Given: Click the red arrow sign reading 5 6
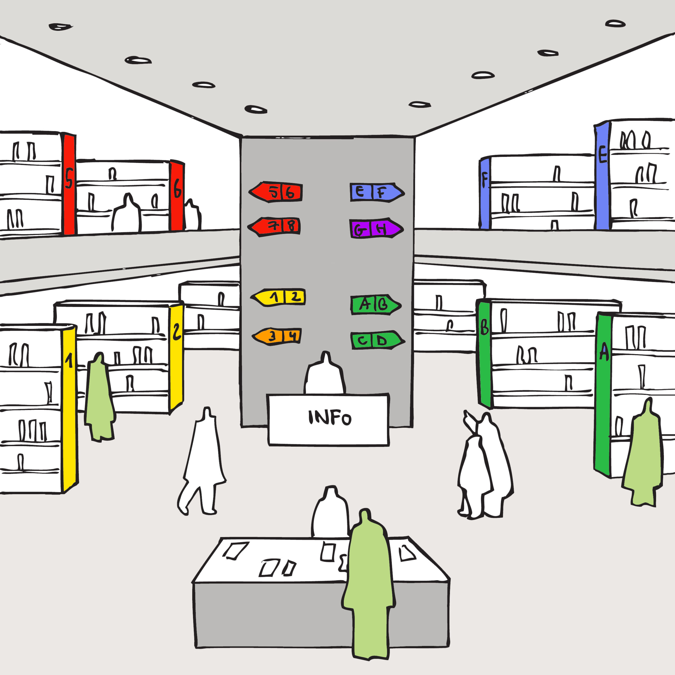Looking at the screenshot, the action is (276, 192).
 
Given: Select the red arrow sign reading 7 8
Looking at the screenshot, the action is (275, 226).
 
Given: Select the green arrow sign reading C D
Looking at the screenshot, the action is (377, 340).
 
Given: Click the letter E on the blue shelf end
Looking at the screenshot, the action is (602, 155).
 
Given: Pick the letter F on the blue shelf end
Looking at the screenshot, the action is (485, 180).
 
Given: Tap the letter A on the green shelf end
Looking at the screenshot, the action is (604, 352).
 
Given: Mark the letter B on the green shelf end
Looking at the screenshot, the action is (484, 327).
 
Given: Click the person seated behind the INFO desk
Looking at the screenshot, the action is (325, 375).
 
